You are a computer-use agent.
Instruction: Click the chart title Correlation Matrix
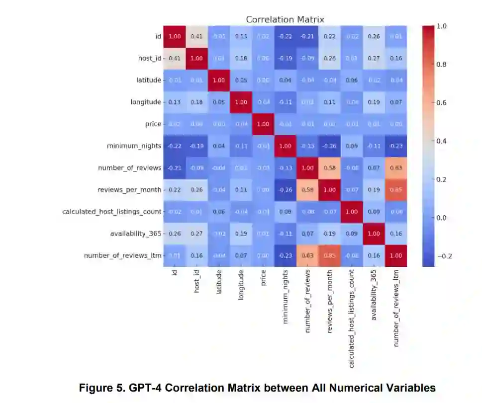285,19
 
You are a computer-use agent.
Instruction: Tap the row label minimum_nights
134,146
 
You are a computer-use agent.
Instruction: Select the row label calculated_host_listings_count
112,212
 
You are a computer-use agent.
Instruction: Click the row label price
153,124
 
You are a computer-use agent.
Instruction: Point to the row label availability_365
136,234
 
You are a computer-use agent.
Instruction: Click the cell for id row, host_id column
197,36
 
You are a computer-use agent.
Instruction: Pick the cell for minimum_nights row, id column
175,146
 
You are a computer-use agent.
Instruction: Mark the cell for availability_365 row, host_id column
197,234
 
